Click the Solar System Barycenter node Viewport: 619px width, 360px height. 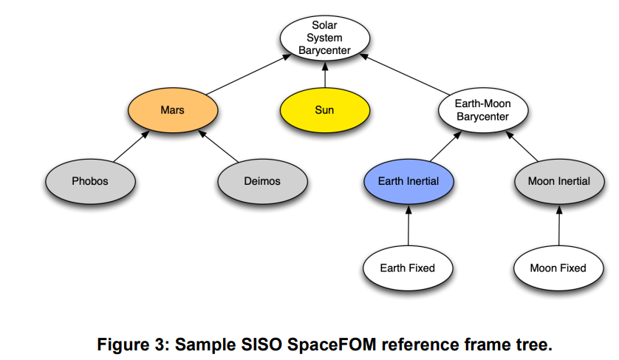click(x=324, y=38)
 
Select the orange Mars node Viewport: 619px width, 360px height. click(x=172, y=110)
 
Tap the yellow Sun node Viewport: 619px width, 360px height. click(x=324, y=110)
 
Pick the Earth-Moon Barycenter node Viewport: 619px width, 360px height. click(x=482, y=110)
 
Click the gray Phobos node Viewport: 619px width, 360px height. click(x=89, y=181)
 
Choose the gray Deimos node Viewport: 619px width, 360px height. click(x=262, y=181)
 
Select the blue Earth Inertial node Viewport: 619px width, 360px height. click(x=408, y=181)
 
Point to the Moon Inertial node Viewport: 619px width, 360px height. click(x=558, y=181)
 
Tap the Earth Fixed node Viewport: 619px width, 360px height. click(x=407, y=268)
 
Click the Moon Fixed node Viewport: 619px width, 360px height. click(x=558, y=268)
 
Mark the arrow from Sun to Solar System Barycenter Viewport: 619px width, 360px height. click(x=324, y=75)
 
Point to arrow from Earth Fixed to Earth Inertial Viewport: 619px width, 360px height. click(x=408, y=225)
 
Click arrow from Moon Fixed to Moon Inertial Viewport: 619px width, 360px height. click(x=558, y=225)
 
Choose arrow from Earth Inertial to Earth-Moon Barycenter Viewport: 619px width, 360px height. click(x=445, y=146)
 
